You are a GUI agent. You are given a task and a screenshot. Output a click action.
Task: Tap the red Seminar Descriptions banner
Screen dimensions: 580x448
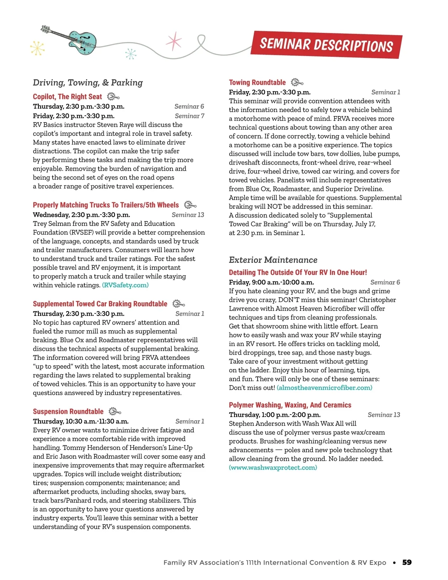coord(326,45)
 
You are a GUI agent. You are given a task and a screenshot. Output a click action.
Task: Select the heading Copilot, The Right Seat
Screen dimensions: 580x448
coord(67,97)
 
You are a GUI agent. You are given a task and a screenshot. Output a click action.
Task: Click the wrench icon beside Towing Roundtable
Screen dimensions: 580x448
coord(297,82)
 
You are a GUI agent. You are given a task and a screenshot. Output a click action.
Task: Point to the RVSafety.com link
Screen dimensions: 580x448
coord(125,285)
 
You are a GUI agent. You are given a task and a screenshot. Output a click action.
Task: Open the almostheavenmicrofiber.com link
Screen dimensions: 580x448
coord(324,388)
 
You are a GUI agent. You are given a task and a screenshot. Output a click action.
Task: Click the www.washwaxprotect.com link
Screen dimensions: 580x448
coord(273,468)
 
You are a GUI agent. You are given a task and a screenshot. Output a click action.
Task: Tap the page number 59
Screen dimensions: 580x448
coord(407,562)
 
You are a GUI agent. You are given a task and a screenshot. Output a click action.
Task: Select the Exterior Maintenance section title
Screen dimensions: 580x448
coord(273,260)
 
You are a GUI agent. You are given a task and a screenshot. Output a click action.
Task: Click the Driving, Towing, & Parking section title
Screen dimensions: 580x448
coord(88,83)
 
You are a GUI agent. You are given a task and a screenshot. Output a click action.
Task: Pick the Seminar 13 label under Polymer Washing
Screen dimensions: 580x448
coord(383,415)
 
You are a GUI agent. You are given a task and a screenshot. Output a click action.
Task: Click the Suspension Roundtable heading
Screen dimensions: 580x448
coord(68,412)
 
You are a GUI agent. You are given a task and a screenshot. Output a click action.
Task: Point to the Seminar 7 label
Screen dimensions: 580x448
coord(189,116)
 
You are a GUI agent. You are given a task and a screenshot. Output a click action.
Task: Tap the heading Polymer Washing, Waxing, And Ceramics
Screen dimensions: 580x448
coord(290,405)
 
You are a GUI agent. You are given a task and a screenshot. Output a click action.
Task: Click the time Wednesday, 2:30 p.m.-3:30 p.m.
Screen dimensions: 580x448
coord(81,215)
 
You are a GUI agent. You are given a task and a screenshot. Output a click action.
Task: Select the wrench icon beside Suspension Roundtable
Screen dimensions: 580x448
coord(115,412)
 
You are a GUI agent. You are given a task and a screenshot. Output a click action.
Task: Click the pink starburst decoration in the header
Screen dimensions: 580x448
coord(174,41)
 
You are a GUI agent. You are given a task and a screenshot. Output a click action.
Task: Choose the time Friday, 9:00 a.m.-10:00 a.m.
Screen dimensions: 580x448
coord(271,282)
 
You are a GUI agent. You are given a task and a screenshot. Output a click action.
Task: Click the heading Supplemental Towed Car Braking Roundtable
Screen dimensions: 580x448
coord(100,304)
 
